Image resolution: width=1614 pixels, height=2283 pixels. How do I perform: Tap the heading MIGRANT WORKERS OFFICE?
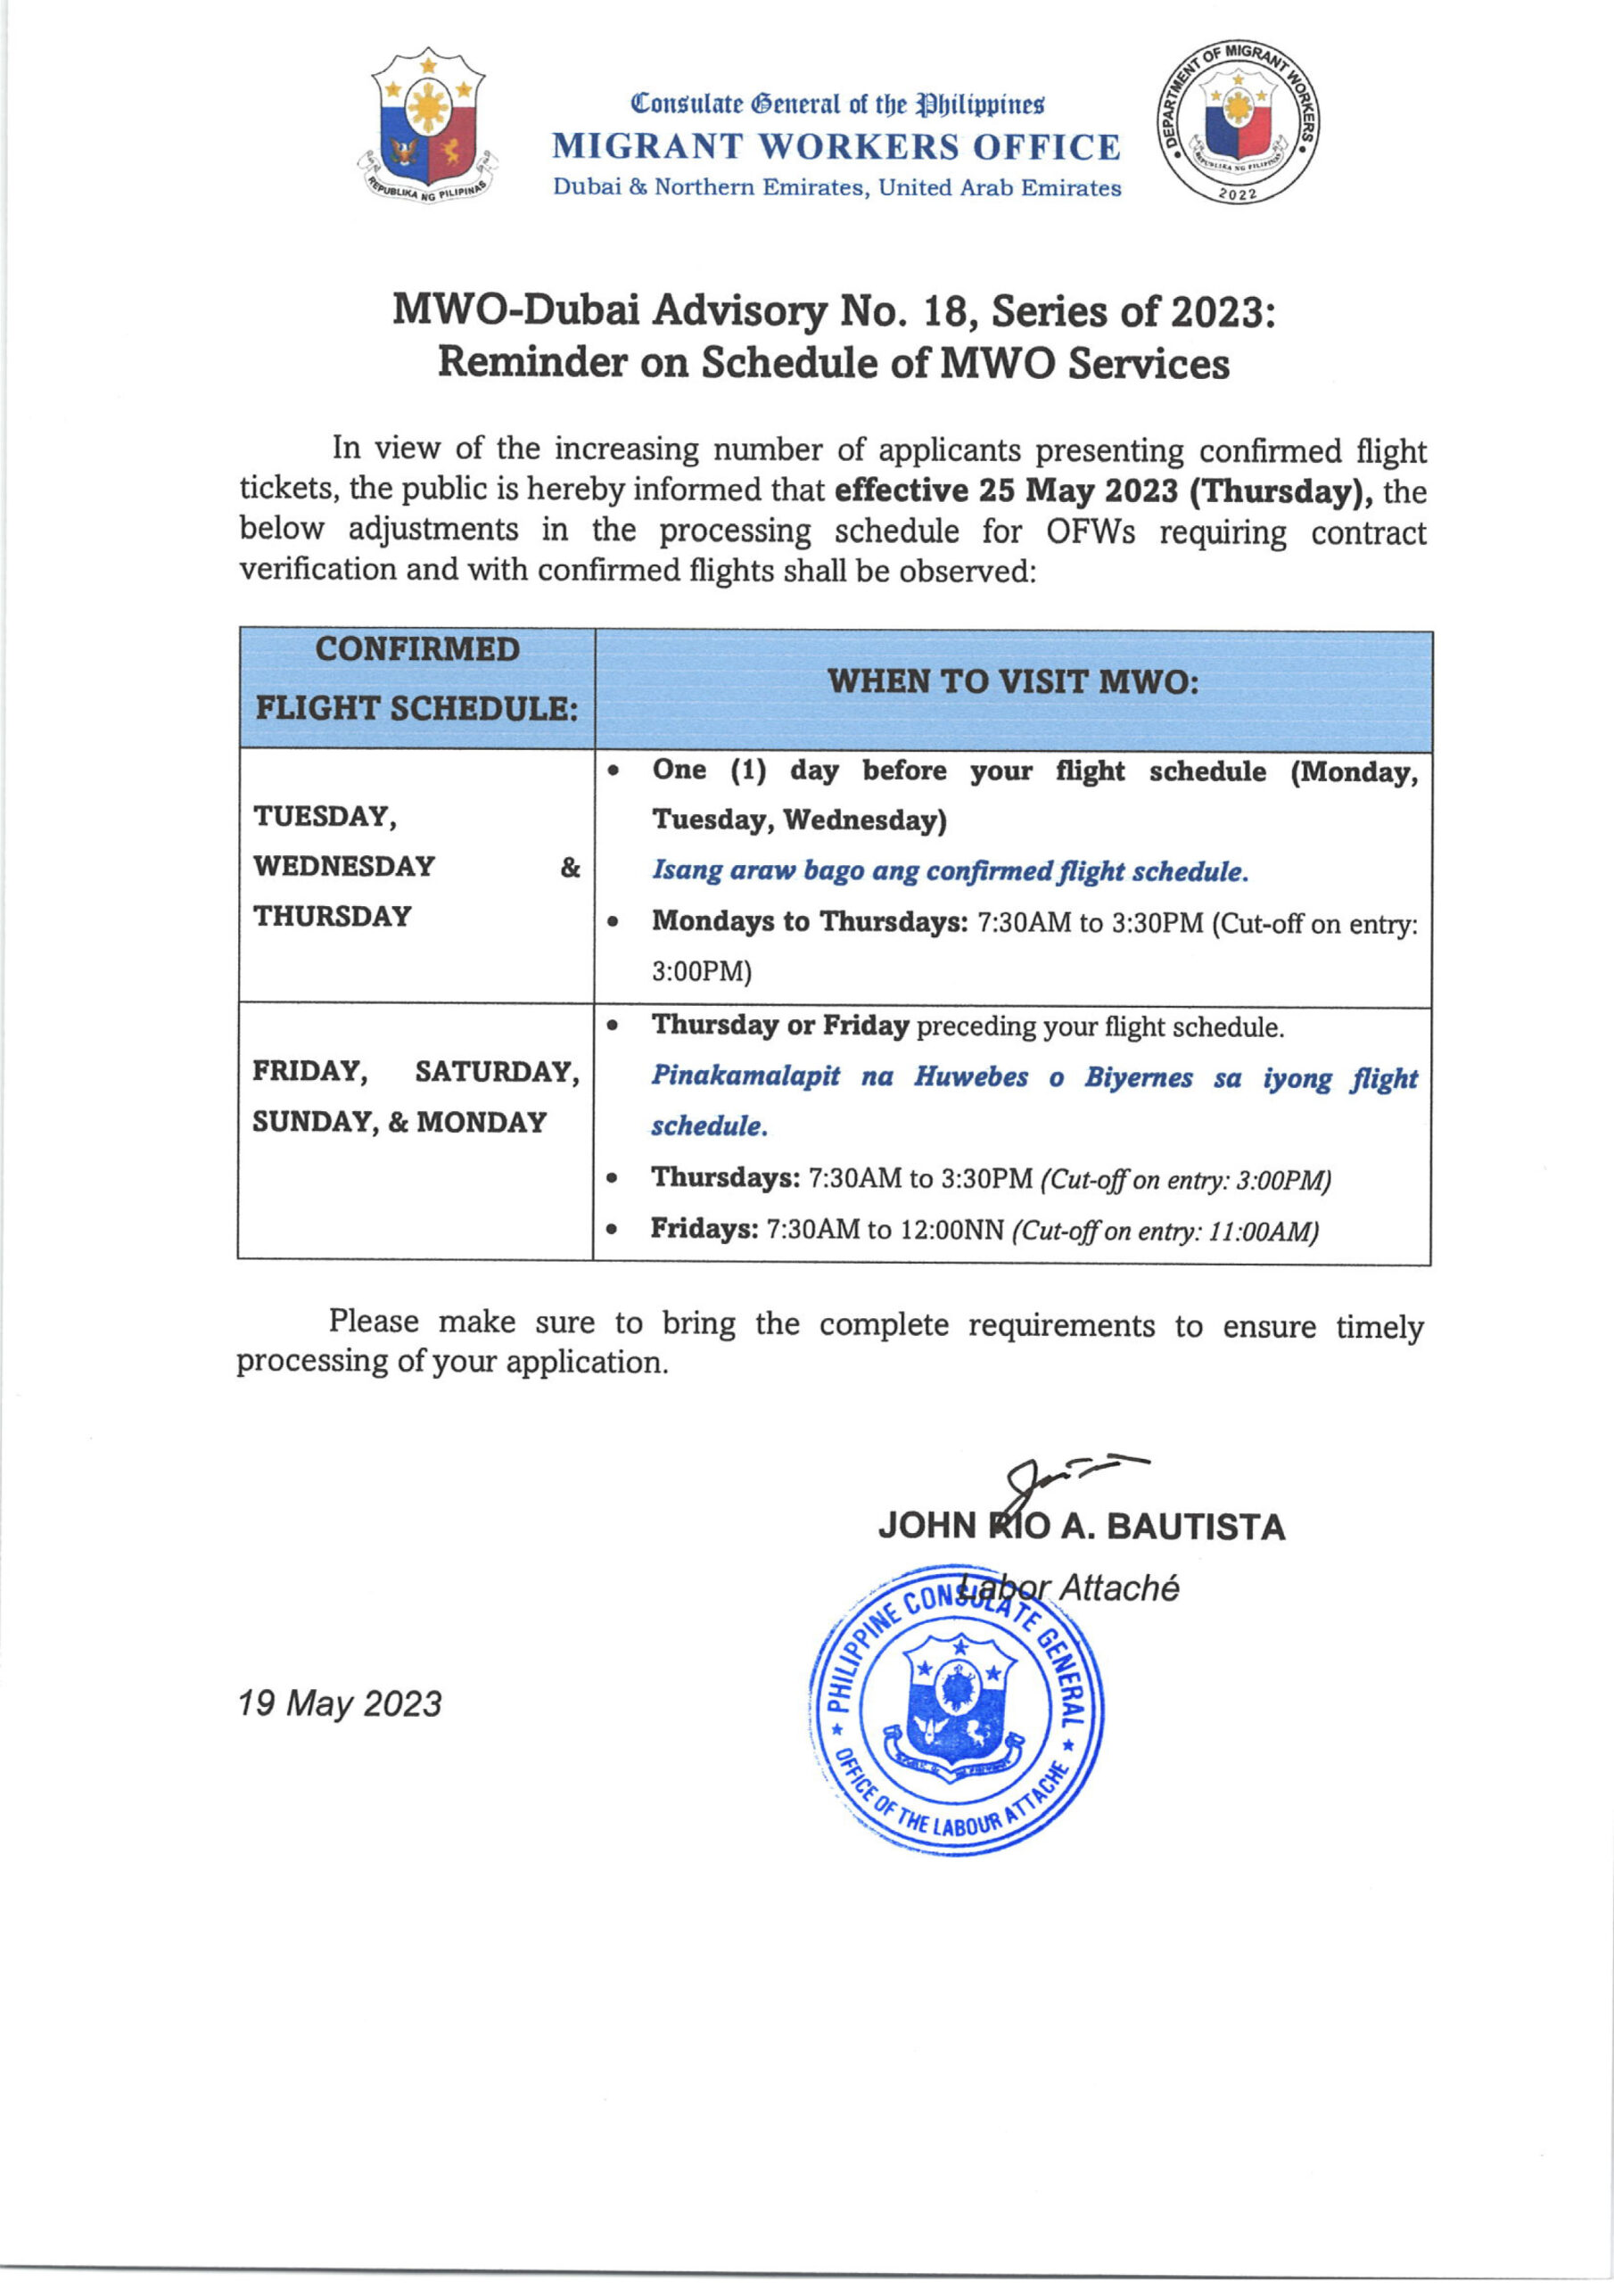point(836,147)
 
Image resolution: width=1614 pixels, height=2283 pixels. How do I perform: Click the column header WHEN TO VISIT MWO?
point(1012,682)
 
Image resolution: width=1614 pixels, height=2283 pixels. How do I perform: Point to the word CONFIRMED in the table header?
point(417,649)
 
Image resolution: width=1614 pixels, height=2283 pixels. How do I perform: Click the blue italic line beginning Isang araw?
point(950,871)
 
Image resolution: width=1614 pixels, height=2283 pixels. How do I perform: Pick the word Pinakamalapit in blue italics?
point(745,1077)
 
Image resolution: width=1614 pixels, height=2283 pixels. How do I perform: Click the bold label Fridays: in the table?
point(704,1229)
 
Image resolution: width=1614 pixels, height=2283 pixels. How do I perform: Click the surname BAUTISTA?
point(1194,1528)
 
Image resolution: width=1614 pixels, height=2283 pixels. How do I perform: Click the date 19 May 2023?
point(339,1703)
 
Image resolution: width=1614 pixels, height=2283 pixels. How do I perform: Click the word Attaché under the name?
point(1118,1588)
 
